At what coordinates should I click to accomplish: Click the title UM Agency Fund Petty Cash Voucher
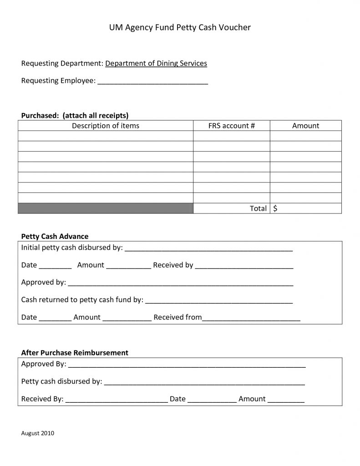click(x=180, y=28)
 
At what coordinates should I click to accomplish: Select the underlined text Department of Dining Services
click(x=156, y=63)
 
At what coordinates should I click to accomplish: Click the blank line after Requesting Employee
click(x=153, y=82)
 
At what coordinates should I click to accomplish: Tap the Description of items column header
click(x=106, y=126)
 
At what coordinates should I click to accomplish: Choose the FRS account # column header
click(x=231, y=126)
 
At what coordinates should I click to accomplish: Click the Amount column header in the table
click(x=305, y=126)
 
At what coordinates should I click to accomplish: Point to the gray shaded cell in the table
click(x=106, y=208)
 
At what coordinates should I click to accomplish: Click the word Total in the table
click(x=258, y=208)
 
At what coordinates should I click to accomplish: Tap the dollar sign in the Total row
click(x=276, y=208)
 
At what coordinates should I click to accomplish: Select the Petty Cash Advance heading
click(x=55, y=236)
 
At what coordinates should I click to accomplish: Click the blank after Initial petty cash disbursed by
click(x=208, y=248)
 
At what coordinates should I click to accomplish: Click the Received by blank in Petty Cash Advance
click(x=244, y=266)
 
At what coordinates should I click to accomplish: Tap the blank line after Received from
click(x=251, y=318)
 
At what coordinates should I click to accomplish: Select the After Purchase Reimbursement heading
click(x=75, y=353)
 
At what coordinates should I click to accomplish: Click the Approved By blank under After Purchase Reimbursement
click(x=187, y=365)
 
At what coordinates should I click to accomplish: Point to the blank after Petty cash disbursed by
click(x=204, y=382)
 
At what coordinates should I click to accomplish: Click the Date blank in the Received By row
click(x=212, y=400)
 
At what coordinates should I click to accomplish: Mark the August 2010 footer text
click(x=38, y=433)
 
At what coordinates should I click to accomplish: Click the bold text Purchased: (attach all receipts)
click(x=75, y=115)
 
